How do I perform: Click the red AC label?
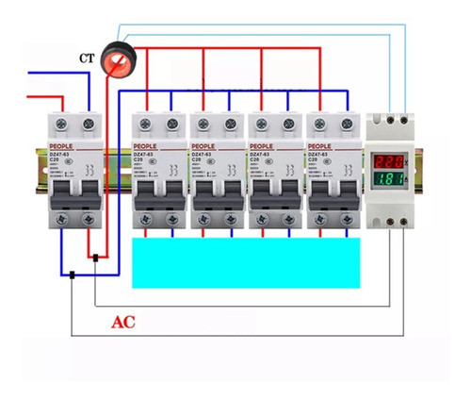pos(123,322)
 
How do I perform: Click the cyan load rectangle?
pos(247,261)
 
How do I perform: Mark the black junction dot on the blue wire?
pos(72,275)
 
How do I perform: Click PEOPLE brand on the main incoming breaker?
pos(66,147)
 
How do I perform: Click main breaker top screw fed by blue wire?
pos(89,124)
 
